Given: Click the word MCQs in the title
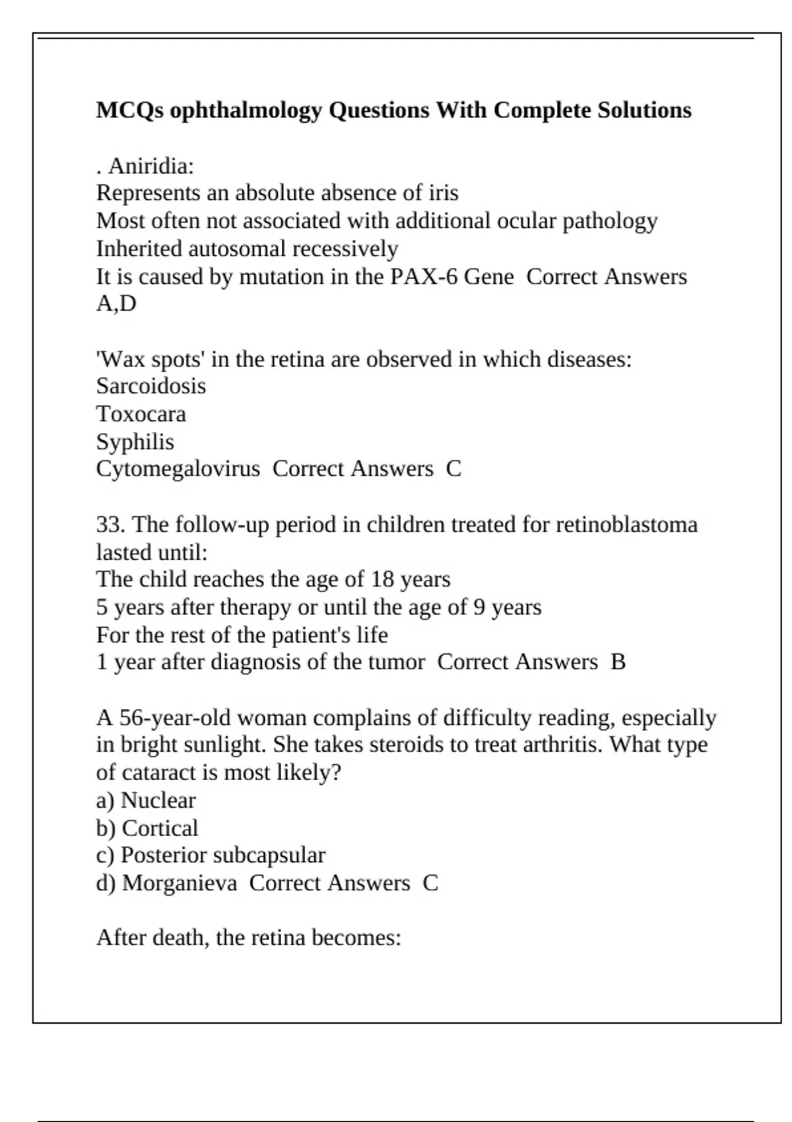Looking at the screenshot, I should (x=130, y=110).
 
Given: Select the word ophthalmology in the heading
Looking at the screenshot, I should (x=246, y=110).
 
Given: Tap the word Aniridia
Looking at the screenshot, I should (x=151, y=166).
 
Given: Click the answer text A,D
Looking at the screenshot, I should (x=116, y=304).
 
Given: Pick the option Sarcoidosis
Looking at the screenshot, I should (x=151, y=385).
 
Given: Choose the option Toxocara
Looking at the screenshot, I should (x=141, y=414).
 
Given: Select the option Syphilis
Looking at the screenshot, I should (x=135, y=442).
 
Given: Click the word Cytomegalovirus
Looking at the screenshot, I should (x=178, y=469).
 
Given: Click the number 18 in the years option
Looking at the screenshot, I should (x=382, y=579).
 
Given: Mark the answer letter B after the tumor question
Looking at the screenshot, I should (x=618, y=661).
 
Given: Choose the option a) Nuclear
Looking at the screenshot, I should (x=146, y=800).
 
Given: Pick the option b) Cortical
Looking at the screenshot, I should (x=147, y=828).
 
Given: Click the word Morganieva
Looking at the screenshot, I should (x=180, y=883).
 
